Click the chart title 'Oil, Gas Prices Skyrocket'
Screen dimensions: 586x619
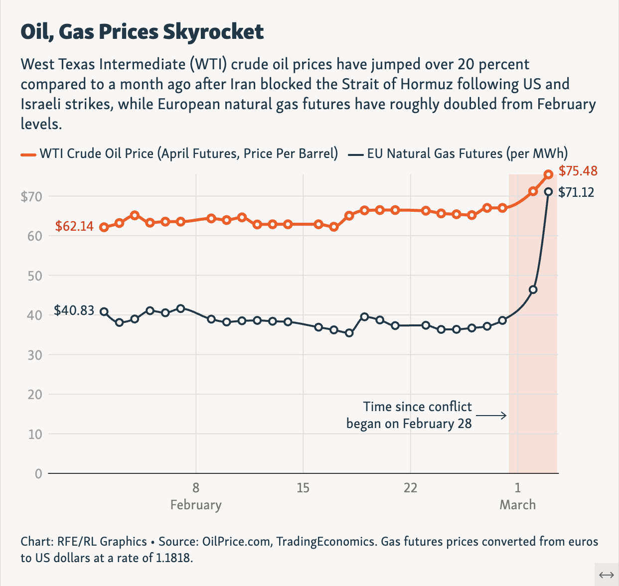pos(142,32)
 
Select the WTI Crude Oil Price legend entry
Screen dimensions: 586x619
pos(179,153)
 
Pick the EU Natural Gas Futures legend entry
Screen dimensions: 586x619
pos(459,153)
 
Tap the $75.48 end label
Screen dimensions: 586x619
pos(578,171)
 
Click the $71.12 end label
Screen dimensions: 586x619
pos(576,192)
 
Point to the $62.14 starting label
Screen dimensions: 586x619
pos(74,226)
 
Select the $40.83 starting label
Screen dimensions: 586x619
pos(74,310)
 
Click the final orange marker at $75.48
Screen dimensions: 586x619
pos(548,174)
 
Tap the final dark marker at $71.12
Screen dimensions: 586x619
pos(548,192)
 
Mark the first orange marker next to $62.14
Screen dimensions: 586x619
pos(104,227)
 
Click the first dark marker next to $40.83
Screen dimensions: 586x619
pos(104,312)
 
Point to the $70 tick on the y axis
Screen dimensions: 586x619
pos(31,196)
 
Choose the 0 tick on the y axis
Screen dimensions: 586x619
pos(38,473)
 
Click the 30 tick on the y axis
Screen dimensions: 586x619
pos(34,355)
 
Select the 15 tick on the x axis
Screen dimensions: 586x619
pos(303,488)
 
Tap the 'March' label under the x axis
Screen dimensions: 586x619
pos(517,505)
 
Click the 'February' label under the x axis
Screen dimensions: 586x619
pos(196,505)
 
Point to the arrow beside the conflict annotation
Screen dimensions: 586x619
pos(491,415)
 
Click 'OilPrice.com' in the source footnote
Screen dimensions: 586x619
pos(237,542)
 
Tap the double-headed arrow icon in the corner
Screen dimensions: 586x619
pos(606,575)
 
